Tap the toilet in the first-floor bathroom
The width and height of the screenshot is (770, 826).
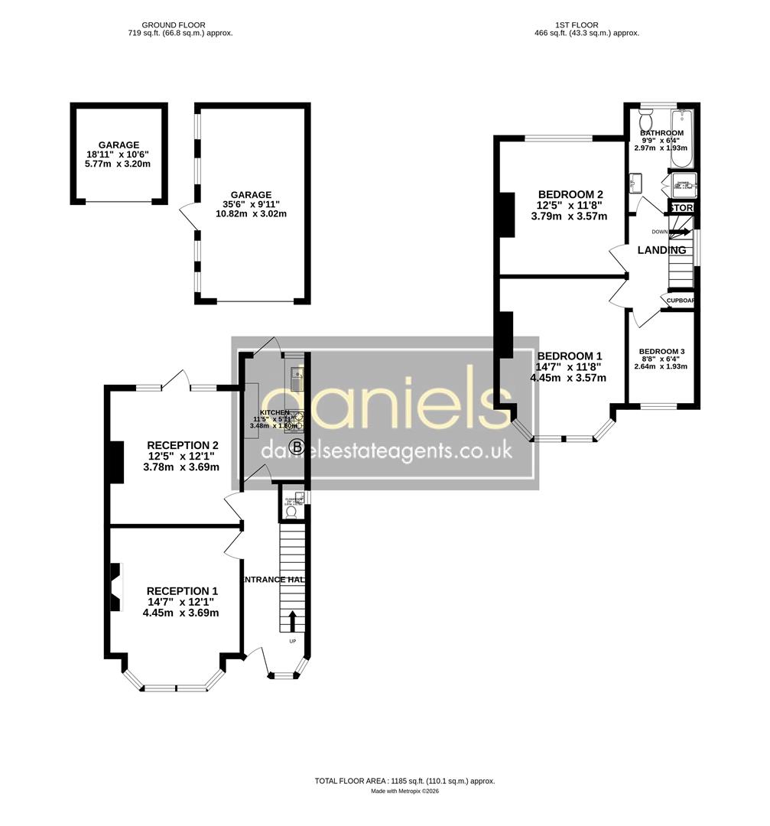(x=645, y=120)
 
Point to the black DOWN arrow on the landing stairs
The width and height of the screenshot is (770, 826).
(x=681, y=232)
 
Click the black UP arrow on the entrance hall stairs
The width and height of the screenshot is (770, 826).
(x=291, y=619)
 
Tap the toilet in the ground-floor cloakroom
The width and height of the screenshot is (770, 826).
(x=289, y=511)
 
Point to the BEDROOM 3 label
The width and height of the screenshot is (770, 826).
(x=661, y=352)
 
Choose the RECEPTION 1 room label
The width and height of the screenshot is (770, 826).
(x=182, y=590)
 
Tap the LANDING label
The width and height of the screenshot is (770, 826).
(x=661, y=250)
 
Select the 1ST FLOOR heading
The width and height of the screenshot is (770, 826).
(x=578, y=25)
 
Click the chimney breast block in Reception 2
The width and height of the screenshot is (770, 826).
(x=115, y=463)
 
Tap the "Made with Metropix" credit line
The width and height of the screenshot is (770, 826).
(x=404, y=792)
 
